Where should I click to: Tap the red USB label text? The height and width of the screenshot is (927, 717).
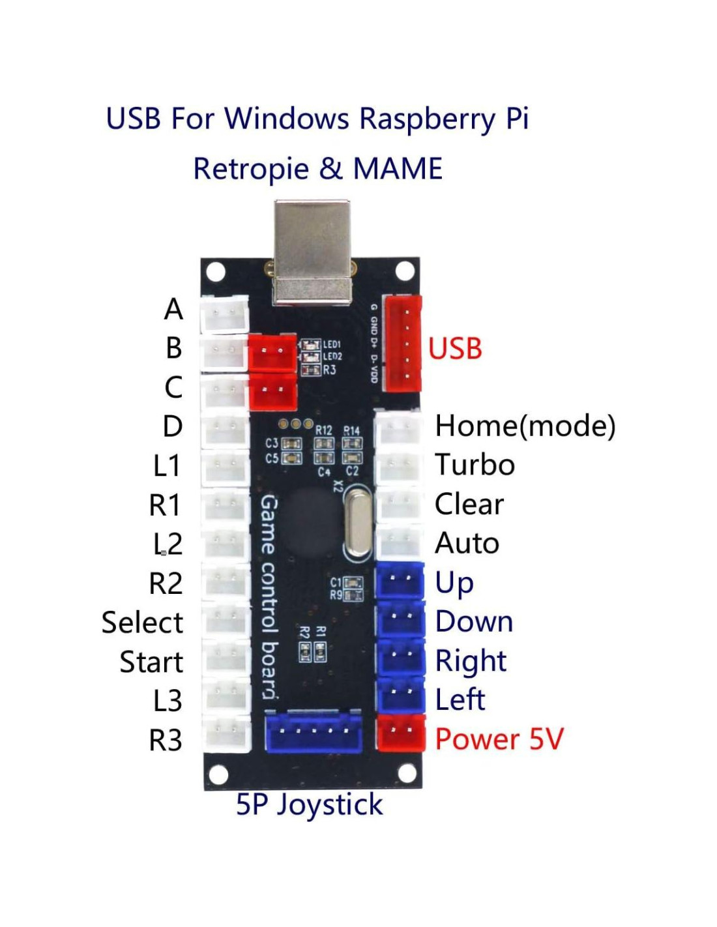pos(455,349)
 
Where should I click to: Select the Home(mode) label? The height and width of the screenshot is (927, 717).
pos(525,426)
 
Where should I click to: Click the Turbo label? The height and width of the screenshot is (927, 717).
pos(475,465)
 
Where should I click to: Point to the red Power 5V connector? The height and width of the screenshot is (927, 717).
pos(401,733)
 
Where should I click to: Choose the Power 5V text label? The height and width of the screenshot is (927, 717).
pos(499,739)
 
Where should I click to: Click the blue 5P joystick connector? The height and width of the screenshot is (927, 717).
pos(314,731)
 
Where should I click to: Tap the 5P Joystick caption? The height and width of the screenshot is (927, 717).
pos(309,804)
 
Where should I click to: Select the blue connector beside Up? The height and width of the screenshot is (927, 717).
pos(400,581)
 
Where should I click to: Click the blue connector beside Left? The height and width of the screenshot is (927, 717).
pos(400,695)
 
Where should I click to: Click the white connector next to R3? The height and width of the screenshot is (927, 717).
pos(226,733)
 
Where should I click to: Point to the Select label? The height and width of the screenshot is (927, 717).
pos(142,623)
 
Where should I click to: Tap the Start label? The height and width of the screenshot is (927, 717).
pos(151,662)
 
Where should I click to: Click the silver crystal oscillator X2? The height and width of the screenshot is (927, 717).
pos(357,522)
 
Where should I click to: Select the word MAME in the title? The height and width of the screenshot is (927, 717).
pos(398,169)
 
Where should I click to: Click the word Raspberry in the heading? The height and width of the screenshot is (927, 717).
pos(428,120)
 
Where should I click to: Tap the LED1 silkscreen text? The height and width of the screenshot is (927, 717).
pos(332,344)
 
